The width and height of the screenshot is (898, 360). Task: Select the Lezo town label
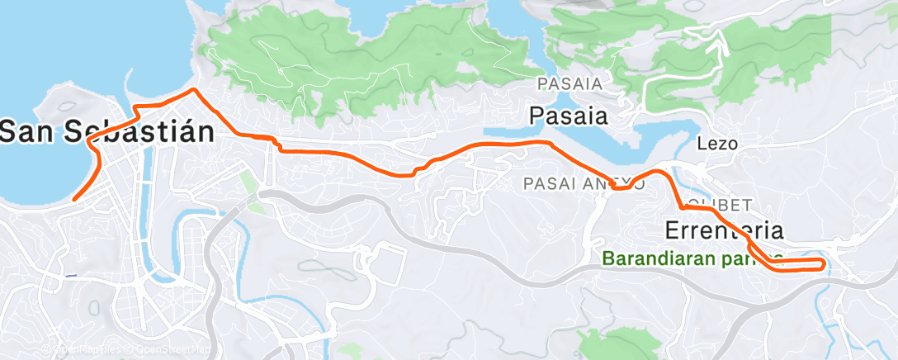click(716, 143)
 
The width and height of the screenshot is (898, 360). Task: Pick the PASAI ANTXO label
click(578, 182)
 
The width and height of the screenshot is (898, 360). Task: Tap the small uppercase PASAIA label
click(570, 83)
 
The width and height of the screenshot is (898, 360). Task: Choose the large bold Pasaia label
click(569, 115)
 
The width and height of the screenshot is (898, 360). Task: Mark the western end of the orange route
click(73, 199)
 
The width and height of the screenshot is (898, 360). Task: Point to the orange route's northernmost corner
click(193, 89)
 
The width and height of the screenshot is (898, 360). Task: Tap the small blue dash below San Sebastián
click(71, 275)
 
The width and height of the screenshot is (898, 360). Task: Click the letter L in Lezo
click(702, 143)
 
